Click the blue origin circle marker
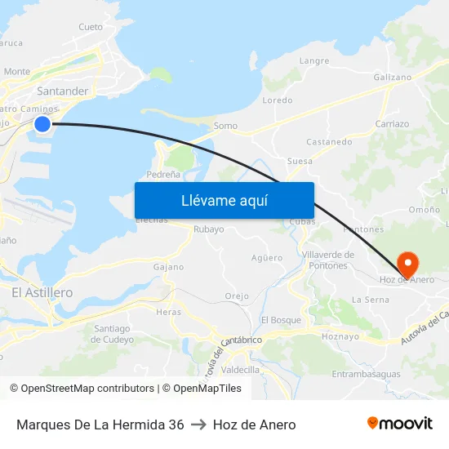42,123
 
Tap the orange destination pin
407,261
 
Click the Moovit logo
400,424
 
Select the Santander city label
62,91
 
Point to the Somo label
224,127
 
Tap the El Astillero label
42,292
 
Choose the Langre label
314,61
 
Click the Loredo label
277,100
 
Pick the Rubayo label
208,229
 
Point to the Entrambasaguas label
367,374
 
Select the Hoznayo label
340,336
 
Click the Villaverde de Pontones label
327,260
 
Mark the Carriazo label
392,124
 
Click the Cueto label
91,27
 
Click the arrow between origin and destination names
198,425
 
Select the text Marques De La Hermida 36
100,425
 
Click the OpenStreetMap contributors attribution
82,389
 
